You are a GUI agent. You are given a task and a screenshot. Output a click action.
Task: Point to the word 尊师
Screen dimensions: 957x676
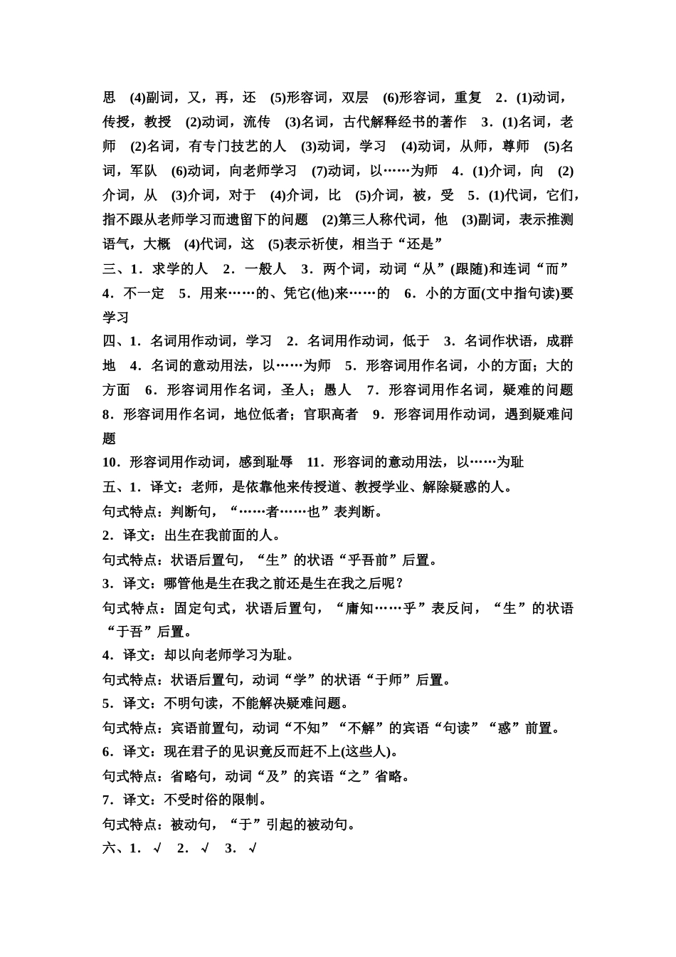pyautogui.click(x=515, y=147)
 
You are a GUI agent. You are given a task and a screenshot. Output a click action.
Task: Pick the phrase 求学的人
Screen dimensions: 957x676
pyautogui.click(x=180, y=268)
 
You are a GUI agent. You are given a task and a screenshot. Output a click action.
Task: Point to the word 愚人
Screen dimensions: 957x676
pyautogui.click(x=337, y=389)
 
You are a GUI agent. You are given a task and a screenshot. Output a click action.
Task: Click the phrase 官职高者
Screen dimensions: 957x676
pyautogui.click(x=330, y=414)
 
